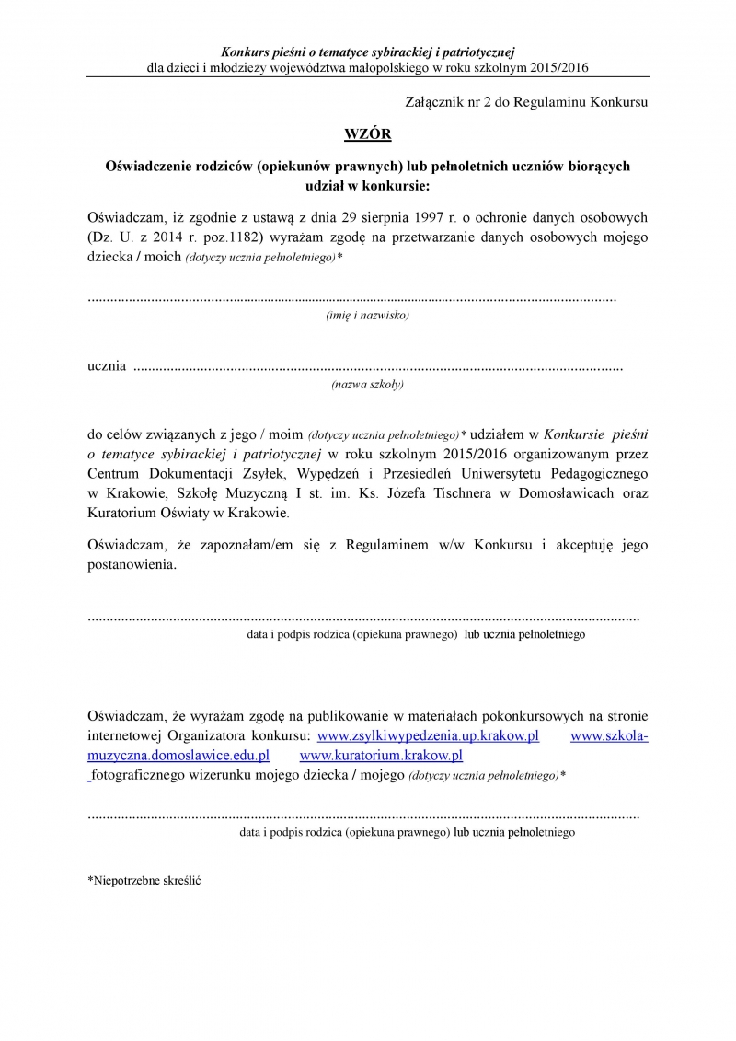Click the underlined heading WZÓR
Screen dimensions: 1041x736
367,134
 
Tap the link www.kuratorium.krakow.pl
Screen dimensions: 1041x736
381,756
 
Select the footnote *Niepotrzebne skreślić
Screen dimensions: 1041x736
144,880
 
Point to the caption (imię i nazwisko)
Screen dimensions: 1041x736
367,315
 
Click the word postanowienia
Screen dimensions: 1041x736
130,564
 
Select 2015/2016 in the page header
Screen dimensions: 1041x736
559,67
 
